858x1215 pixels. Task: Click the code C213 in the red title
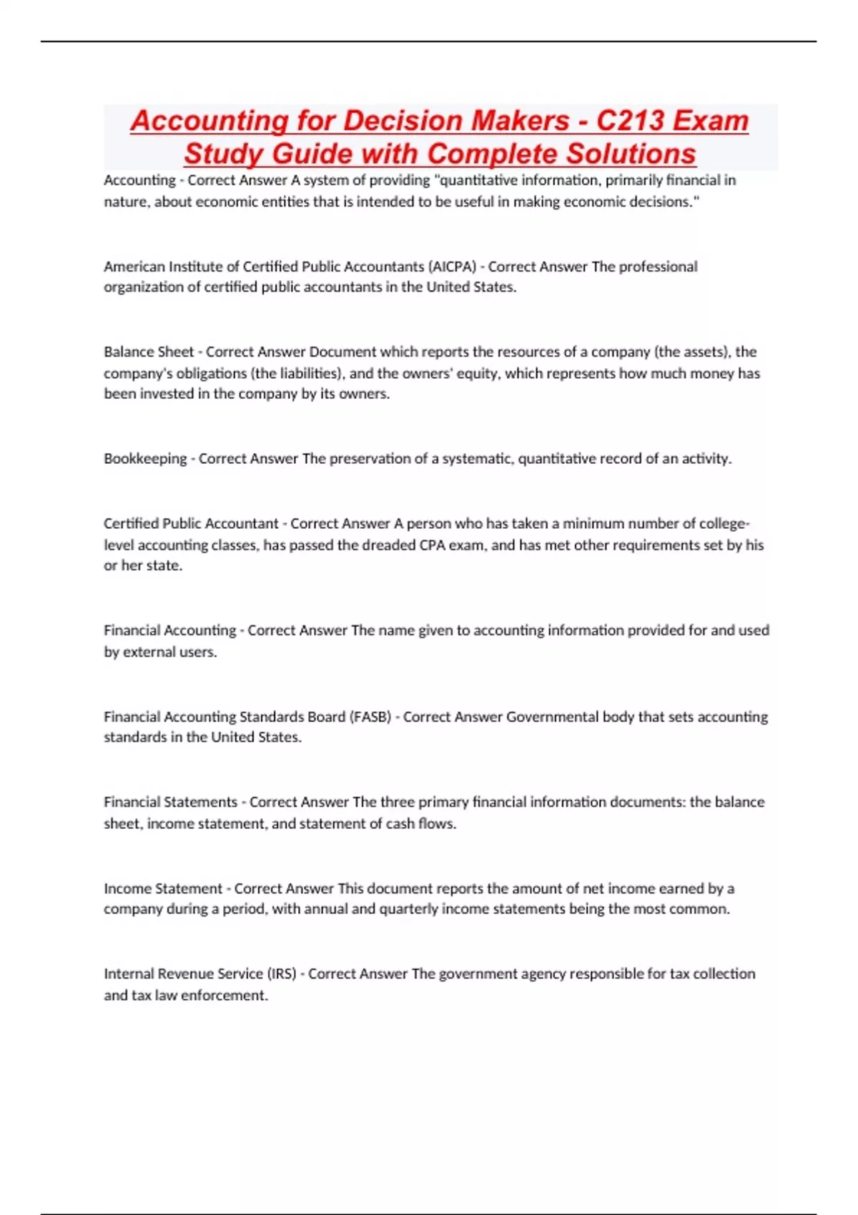(633, 120)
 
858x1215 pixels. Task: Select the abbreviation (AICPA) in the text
(452, 267)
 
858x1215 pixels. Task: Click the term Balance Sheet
(149, 352)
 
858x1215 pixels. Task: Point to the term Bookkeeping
(145, 459)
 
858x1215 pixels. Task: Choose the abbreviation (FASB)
(370, 717)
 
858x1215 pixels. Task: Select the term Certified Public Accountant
(191, 524)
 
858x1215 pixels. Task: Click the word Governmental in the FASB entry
(552, 717)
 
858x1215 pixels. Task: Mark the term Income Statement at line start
(163, 888)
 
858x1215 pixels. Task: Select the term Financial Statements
(170, 803)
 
